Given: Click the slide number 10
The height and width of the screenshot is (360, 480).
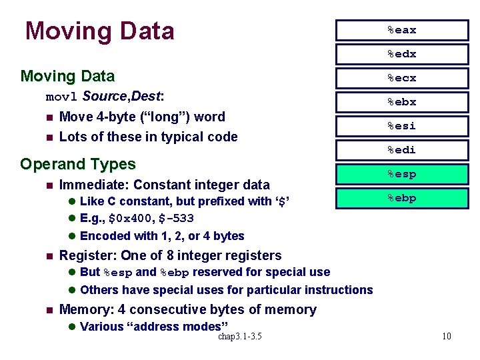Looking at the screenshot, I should click(446, 336).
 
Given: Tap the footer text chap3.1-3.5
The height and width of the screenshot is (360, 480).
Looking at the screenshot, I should click(239, 336).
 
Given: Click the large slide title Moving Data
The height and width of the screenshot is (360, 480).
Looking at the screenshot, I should click(99, 31).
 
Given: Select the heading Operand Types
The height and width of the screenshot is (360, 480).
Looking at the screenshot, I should click(78, 164).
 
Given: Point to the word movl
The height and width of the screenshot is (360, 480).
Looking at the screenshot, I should click(62, 97).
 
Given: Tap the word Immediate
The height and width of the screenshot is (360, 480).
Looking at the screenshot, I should click(89, 185).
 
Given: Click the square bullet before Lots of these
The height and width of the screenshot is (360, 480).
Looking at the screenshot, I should click(49, 137).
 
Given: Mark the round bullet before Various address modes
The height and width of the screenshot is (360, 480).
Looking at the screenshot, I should click(72, 327).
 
